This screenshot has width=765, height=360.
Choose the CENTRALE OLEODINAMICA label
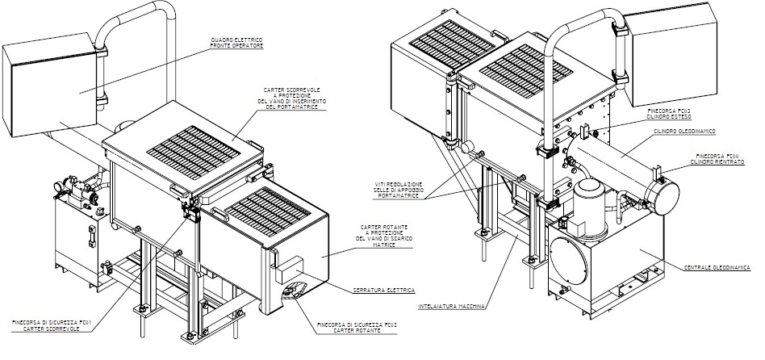[x=717, y=266]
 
